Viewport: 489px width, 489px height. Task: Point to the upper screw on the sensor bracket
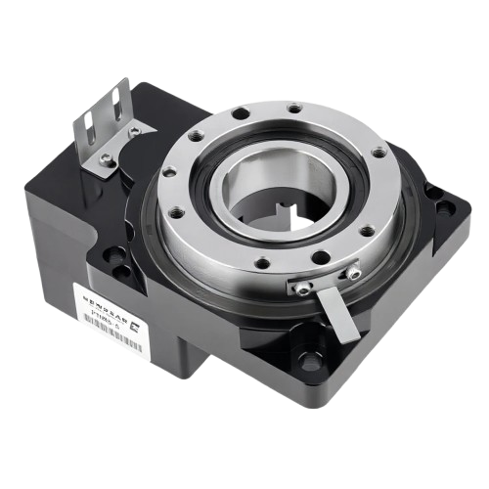(x=134, y=130)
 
